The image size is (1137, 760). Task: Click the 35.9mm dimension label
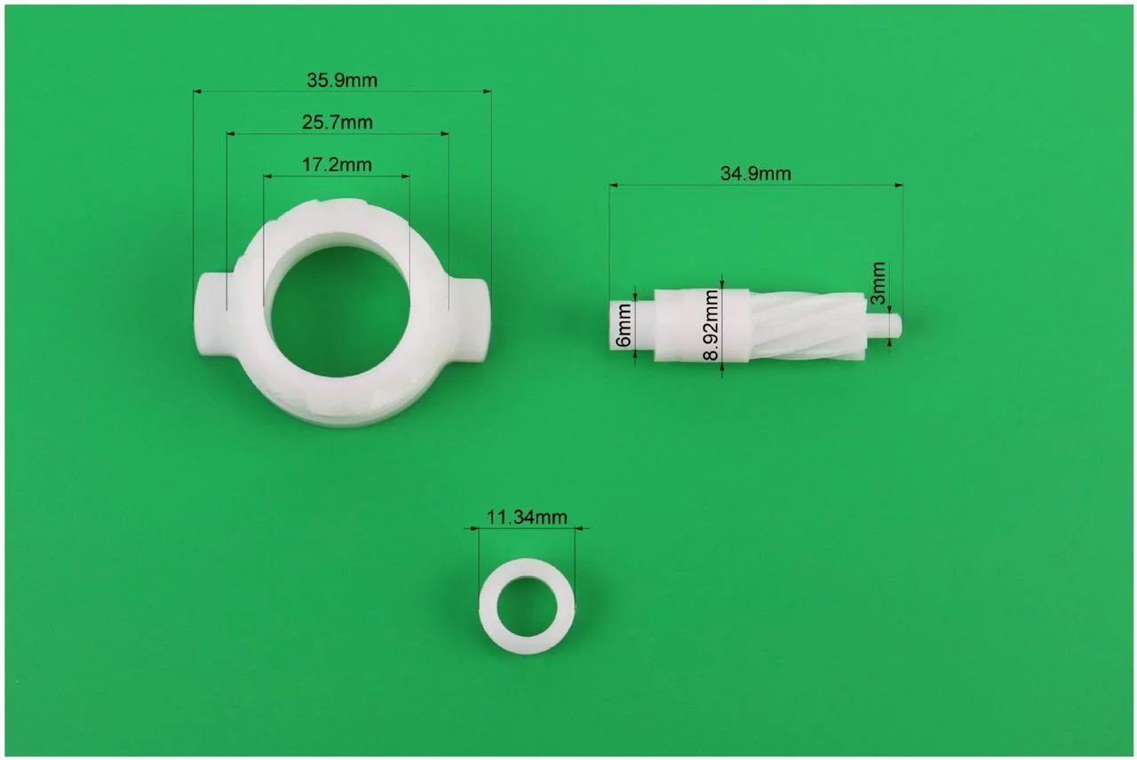pyautogui.click(x=342, y=80)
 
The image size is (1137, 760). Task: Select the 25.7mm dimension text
pyautogui.click(x=337, y=123)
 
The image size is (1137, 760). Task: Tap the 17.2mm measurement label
pyautogui.click(x=337, y=165)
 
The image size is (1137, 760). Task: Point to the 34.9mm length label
pyautogui.click(x=755, y=174)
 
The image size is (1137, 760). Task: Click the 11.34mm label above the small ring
pyautogui.click(x=527, y=517)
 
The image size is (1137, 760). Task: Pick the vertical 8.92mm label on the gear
pyautogui.click(x=711, y=325)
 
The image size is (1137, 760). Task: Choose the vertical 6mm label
pyautogui.click(x=623, y=325)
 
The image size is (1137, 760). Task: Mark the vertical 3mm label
pyautogui.click(x=878, y=283)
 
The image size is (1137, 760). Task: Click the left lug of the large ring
pyautogui.click(x=212, y=315)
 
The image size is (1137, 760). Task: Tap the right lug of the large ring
pyautogui.click(x=472, y=321)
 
